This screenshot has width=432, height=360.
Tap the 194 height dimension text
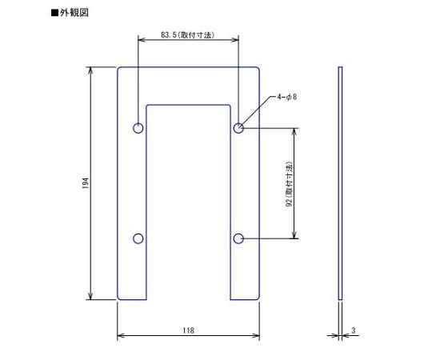click(x=85, y=183)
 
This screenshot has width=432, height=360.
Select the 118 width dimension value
click(x=188, y=330)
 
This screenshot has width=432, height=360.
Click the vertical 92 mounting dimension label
click(x=289, y=183)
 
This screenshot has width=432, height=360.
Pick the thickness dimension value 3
click(x=353, y=330)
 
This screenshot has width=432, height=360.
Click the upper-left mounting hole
click(x=138, y=128)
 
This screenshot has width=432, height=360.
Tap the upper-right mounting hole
click(x=238, y=128)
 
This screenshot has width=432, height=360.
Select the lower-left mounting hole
click(x=138, y=238)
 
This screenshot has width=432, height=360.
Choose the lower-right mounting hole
click(x=238, y=238)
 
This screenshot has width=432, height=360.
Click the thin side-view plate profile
click(x=340, y=183)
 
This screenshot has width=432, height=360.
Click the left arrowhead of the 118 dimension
click(x=121, y=335)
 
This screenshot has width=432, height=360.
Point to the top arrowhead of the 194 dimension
click(x=90, y=70)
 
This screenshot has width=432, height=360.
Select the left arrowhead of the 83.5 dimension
click(x=141, y=42)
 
